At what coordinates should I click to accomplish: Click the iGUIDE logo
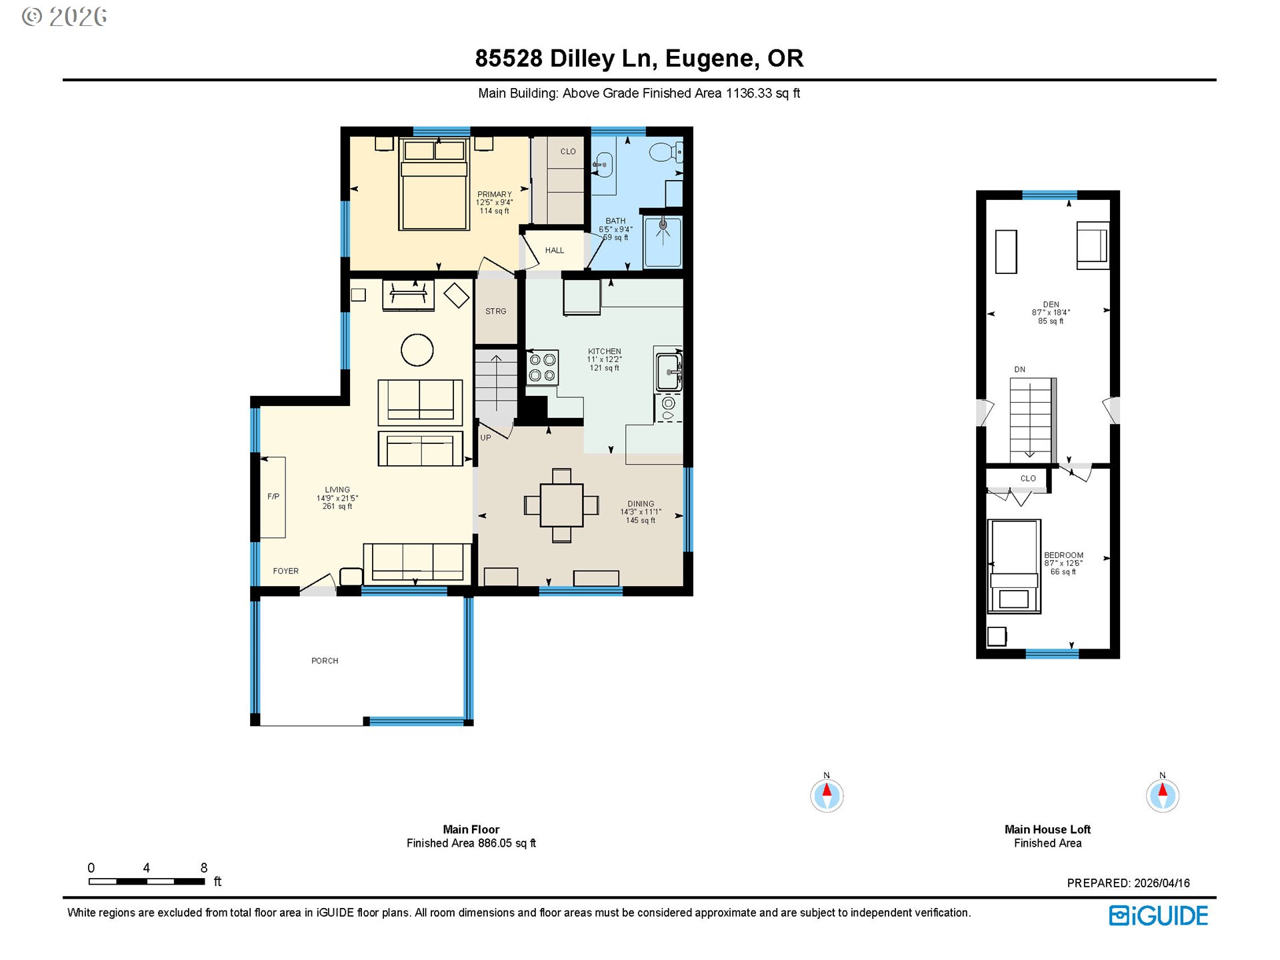pyautogui.click(x=1158, y=915)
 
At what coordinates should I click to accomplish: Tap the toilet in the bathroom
pyautogui.click(x=664, y=153)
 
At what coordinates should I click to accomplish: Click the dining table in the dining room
pyautogui.click(x=561, y=505)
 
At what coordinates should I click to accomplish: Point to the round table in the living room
pyautogui.click(x=417, y=350)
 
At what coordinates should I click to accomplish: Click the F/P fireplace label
pyautogui.click(x=273, y=497)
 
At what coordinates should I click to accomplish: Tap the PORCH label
pyautogui.click(x=325, y=661)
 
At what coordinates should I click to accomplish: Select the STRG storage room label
pyautogui.click(x=495, y=311)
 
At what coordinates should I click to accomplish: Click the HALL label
pyautogui.click(x=554, y=251)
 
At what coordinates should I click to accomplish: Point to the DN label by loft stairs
pyautogui.click(x=1019, y=369)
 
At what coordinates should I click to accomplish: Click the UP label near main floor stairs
pyautogui.click(x=485, y=438)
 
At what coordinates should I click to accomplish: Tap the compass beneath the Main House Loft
pyautogui.click(x=1162, y=795)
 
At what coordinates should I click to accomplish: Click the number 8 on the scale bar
pyautogui.click(x=204, y=867)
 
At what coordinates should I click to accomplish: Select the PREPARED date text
pyautogui.click(x=1128, y=883)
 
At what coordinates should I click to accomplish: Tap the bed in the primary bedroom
pyautogui.click(x=434, y=185)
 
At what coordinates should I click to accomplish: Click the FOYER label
pyautogui.click(x=285, y=571)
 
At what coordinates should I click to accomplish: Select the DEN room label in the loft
pyautogui.click(x=1051, y=305)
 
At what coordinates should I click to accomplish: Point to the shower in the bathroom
pyautogui.click(x=663, y=241)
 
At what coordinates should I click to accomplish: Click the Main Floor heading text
pyautogui.click(x=471, y=829)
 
